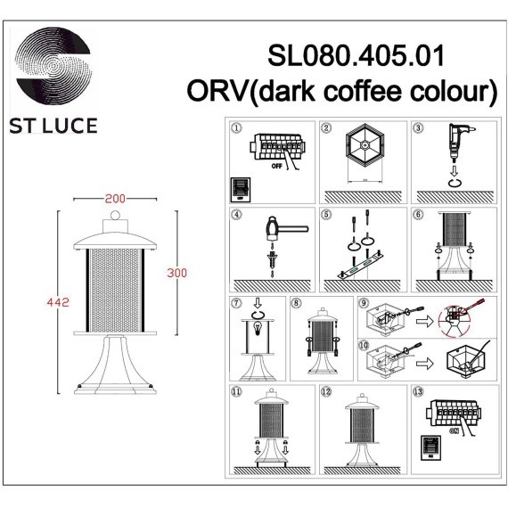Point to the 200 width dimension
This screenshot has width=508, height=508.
pos(114,198)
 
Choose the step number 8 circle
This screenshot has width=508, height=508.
pos(296,302)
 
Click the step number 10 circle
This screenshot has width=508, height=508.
pos(364,343)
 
